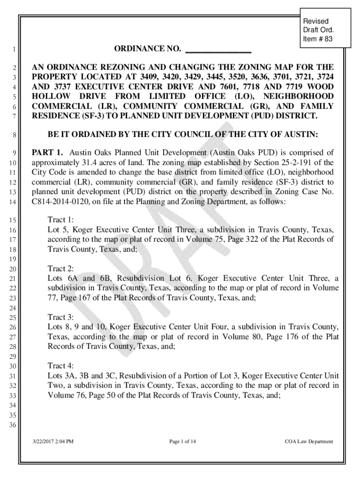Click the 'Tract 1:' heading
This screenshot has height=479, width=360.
[x=61, y=220]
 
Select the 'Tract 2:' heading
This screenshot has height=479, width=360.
[x=61, y=269]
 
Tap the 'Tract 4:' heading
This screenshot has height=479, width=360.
[x=61, y=366]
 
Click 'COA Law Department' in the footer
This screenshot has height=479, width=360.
[x=309, y=441]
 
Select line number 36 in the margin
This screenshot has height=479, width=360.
[x=13, y=425]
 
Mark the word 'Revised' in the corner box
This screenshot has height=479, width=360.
[x=316, y=22]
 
